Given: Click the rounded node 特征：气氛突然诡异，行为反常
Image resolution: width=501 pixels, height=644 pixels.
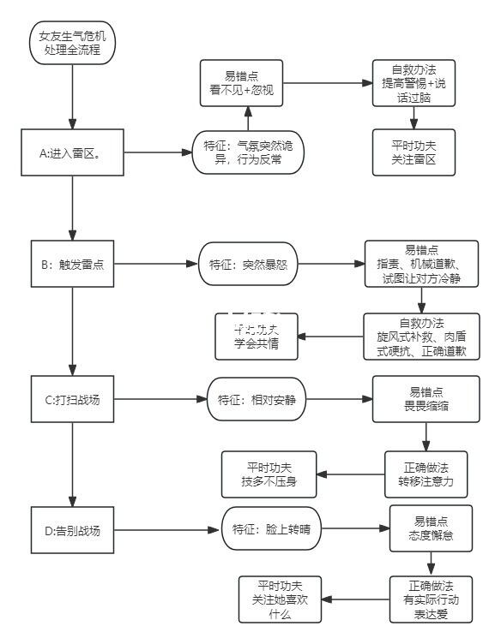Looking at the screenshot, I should [248, 153].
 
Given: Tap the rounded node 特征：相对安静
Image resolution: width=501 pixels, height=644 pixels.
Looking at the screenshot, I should [257, 399].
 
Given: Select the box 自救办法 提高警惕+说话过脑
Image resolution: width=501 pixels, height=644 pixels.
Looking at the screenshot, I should [414, 83].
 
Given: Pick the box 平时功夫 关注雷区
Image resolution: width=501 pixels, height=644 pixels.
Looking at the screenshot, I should [413, 152].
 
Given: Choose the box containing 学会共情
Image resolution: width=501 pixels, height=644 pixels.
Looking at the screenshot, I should [256, 335].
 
